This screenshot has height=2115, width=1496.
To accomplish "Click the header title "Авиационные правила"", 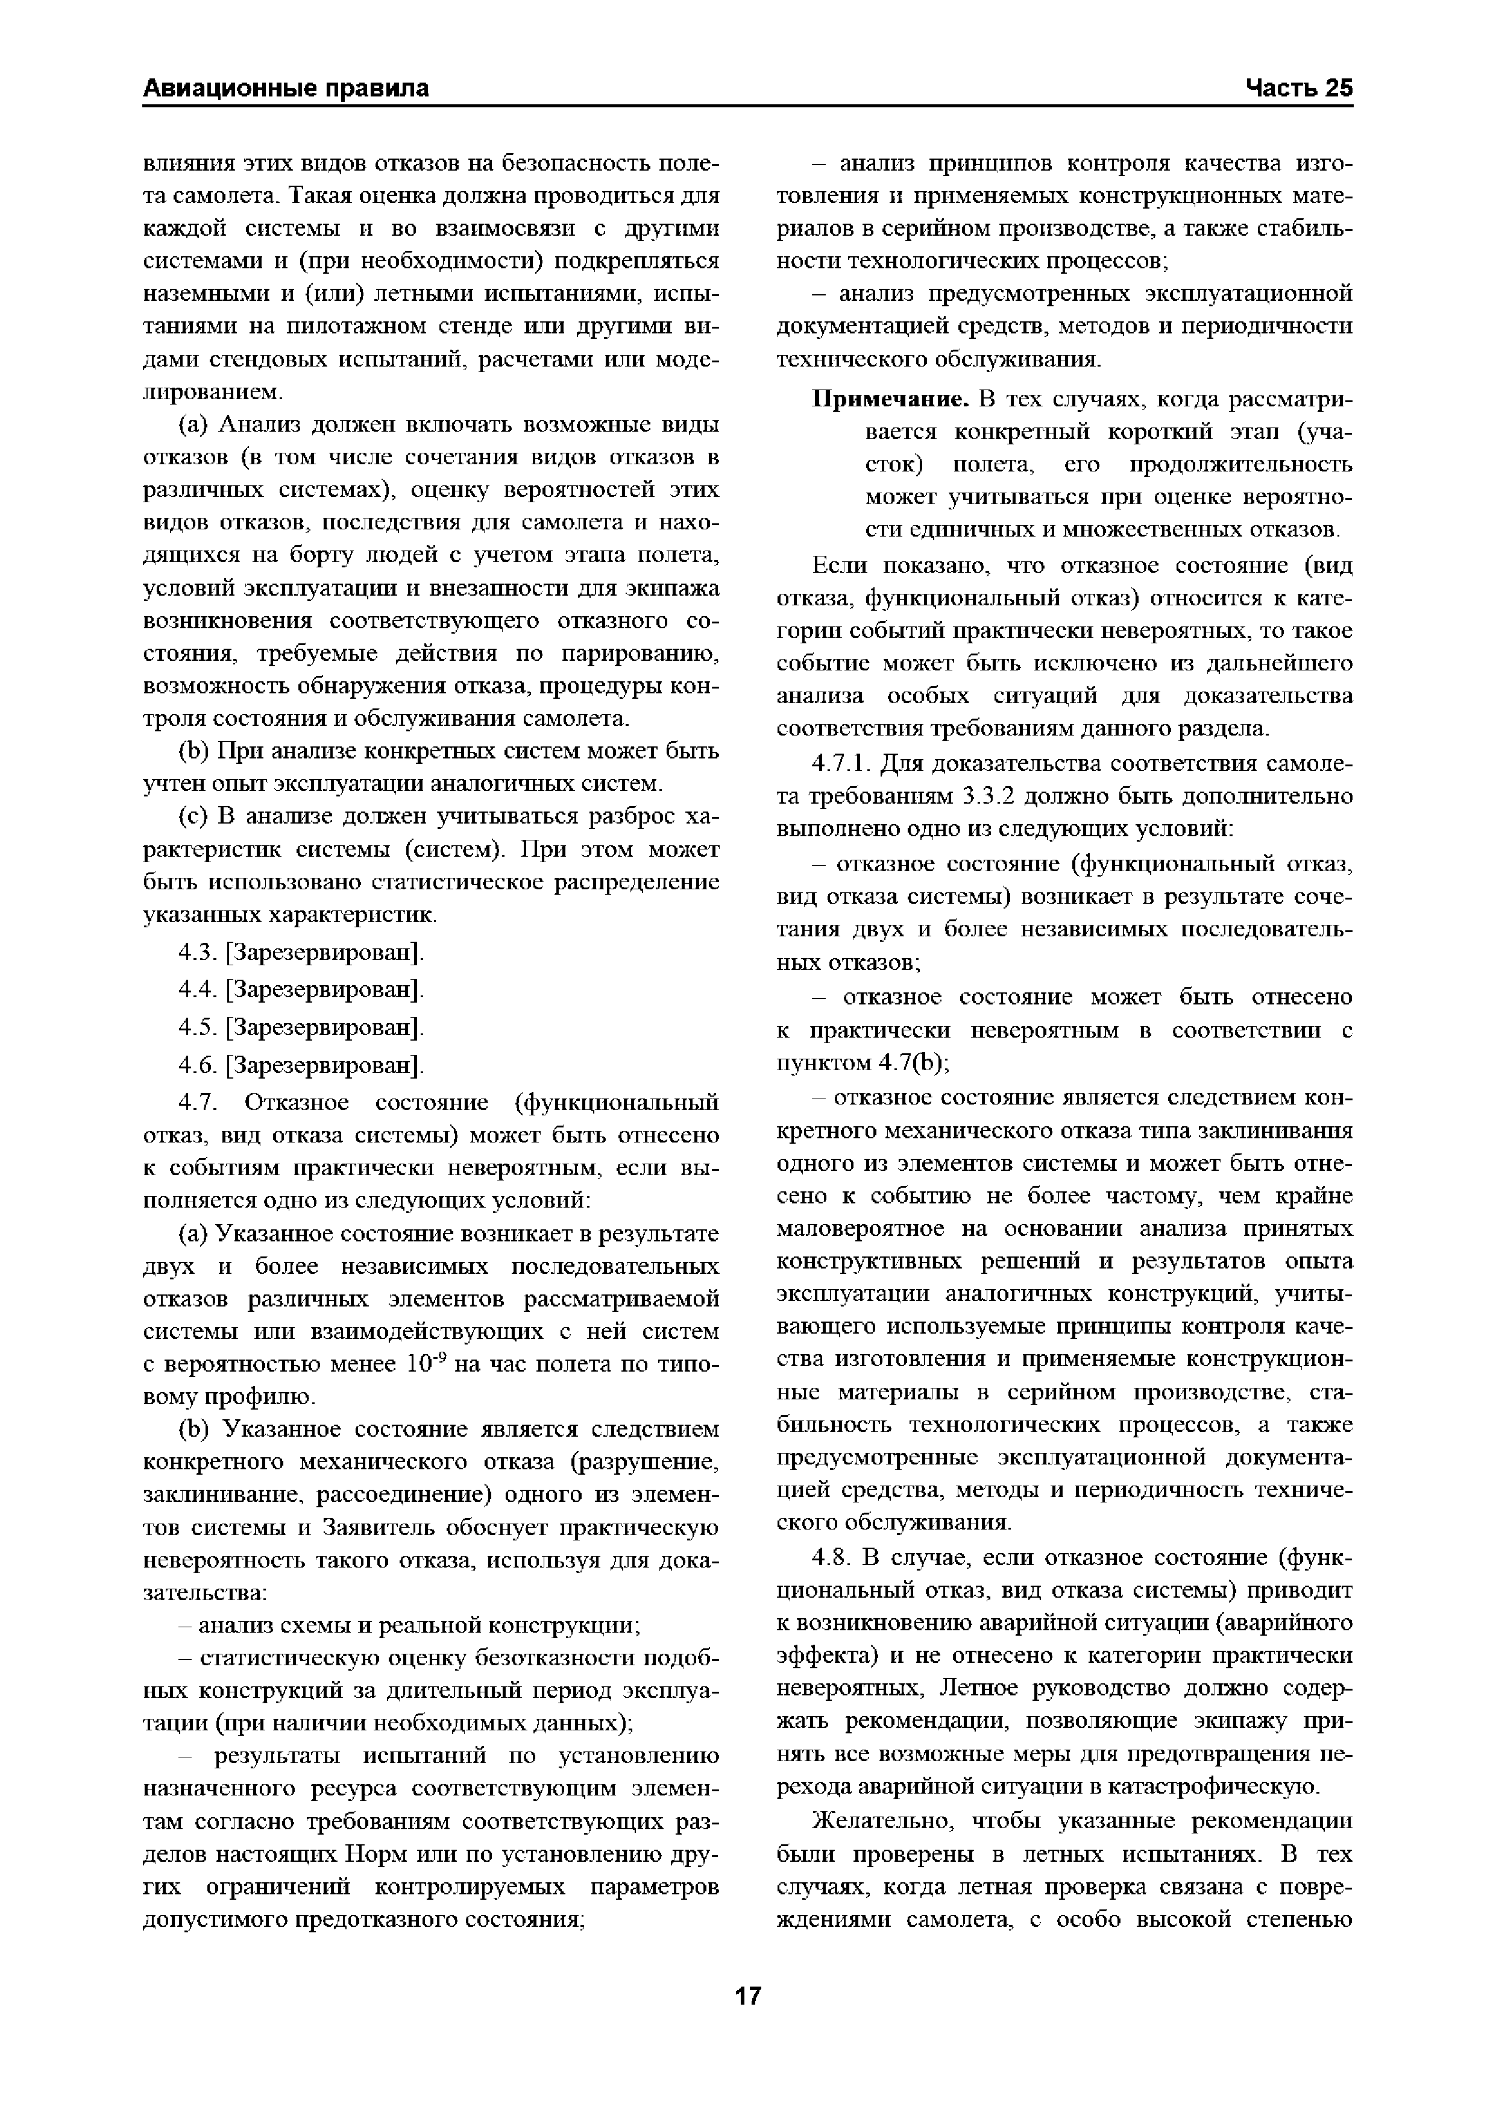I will pyautogui.click(x=286, y=89).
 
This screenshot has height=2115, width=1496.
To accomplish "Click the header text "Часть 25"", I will pyautogui.click(x=1299, y=89).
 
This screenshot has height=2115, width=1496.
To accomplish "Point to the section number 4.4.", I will pyautogui.click(x=196, y=989).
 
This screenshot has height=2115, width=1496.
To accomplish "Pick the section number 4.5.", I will pyautogui.click(x=196, y=1027).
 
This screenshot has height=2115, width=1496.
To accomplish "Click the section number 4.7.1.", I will pyautogui.click(x=842, y=764).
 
